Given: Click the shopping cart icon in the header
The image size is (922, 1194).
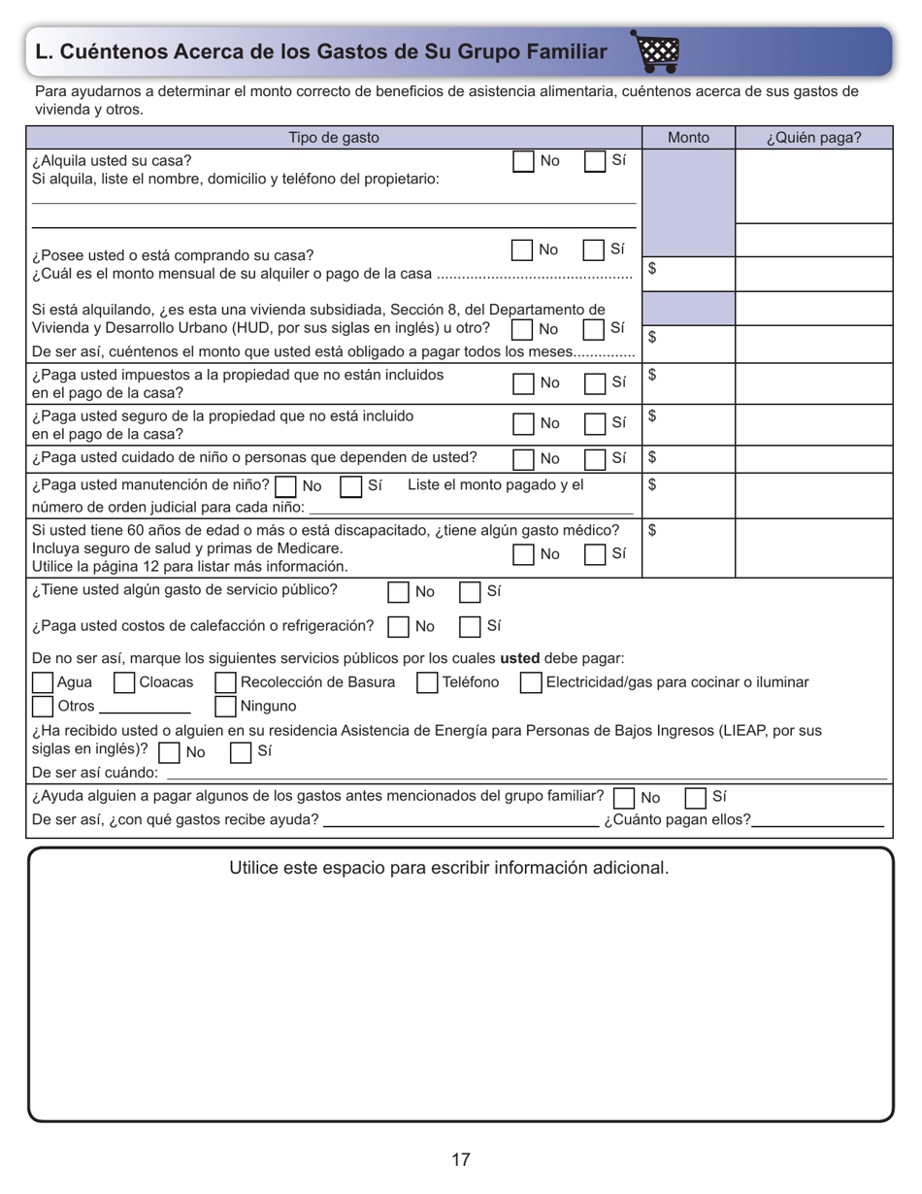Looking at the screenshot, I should coord(657,51).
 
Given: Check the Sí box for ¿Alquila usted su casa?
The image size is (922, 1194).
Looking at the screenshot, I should coord(595,161).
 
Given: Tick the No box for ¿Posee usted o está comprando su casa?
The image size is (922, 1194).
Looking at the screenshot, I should coord(522,249).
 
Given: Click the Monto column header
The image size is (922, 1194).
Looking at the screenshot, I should coord(689,137).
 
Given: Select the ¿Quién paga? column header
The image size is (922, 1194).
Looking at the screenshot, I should coord(813,137).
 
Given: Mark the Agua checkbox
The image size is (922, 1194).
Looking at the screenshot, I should coord(43,682).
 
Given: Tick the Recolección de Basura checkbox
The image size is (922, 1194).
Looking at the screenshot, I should coord(225,682).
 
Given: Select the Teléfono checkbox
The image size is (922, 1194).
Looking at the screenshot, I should coord(427,682).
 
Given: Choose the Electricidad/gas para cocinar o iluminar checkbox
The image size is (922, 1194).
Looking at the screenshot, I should coord(531,682).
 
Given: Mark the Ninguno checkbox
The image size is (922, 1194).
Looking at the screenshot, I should coord(225,706).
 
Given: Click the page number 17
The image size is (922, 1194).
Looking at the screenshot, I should coord(461,1159).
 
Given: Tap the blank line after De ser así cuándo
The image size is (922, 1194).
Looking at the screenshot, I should coord(524,778).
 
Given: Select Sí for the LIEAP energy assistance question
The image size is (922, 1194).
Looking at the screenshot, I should coord(241,751).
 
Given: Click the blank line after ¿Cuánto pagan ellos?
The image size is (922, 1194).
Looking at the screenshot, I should coord(817,824).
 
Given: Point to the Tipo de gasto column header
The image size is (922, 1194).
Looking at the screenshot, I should coord(334,137).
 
